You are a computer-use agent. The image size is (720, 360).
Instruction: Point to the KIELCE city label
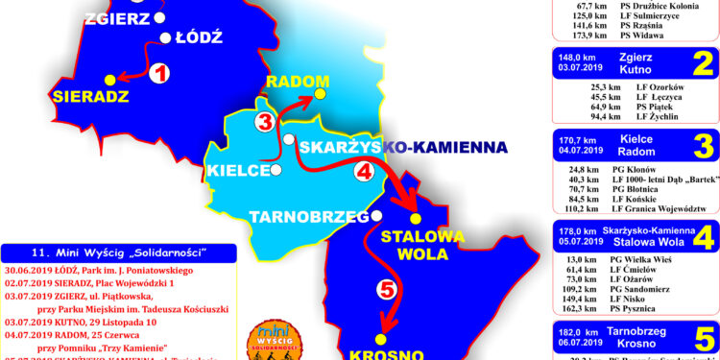236,171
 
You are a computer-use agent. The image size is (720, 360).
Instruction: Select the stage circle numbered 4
364,171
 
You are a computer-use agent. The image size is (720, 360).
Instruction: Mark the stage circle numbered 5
386,288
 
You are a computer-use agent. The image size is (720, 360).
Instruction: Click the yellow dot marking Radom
321,94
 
